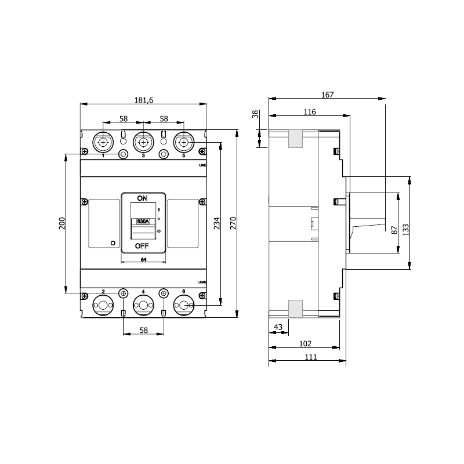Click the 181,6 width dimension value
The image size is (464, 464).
(x=143, y=100)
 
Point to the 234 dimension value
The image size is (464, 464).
(x=217, y=224)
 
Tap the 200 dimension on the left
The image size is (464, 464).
(x=63, y=223)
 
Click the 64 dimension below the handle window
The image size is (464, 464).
(x=143, y=259)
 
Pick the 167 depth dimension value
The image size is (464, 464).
(x=327, y=95)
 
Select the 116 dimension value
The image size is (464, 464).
(x=309, y=113)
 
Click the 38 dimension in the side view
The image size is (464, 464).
(x=255, y=115)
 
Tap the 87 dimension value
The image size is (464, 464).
(x=394, y=230)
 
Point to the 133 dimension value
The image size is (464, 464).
(x=406, y=230)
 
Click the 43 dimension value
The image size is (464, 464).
(x=278, y=328)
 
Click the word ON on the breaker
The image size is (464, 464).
(x=142, y=198)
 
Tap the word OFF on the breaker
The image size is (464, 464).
(x=142, y=246)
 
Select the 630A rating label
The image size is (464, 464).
(x=142, y=222)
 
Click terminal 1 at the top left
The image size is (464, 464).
(x=103, y=143)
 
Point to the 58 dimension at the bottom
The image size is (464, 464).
(x=143, y=330)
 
